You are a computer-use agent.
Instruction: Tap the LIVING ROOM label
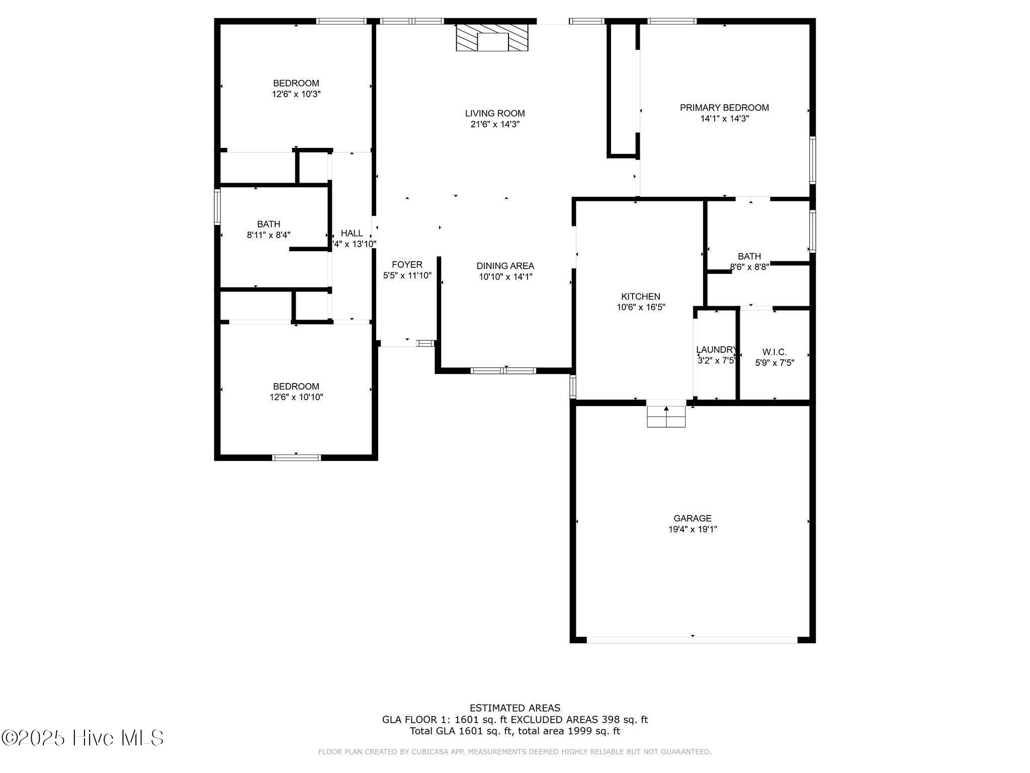tap(495, 113)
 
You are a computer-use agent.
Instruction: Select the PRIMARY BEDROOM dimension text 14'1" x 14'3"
tap(724, 119)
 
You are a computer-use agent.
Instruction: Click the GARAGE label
tap(693, 518)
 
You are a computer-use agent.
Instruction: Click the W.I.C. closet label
tap(774, 352)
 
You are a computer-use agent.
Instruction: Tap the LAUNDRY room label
tap(716, 350)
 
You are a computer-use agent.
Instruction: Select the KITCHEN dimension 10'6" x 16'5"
tap(641, 307)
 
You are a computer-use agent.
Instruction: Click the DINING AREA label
tap(505, 266)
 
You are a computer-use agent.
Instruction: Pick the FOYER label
tap(407, 264)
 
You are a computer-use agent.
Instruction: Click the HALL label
tap(352, 233)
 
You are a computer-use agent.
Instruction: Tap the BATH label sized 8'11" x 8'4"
tap(269, 224)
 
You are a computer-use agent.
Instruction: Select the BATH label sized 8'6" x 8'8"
tap(749, 256)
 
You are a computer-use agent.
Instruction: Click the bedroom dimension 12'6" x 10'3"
tap(296, 94)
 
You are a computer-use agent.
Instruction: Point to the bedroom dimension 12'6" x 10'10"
tap(296, 398)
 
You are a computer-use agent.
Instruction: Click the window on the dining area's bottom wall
tap(503, 371)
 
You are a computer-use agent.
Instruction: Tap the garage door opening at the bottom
tap(692, 640)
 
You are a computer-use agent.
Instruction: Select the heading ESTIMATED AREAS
tap(514, 708)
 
